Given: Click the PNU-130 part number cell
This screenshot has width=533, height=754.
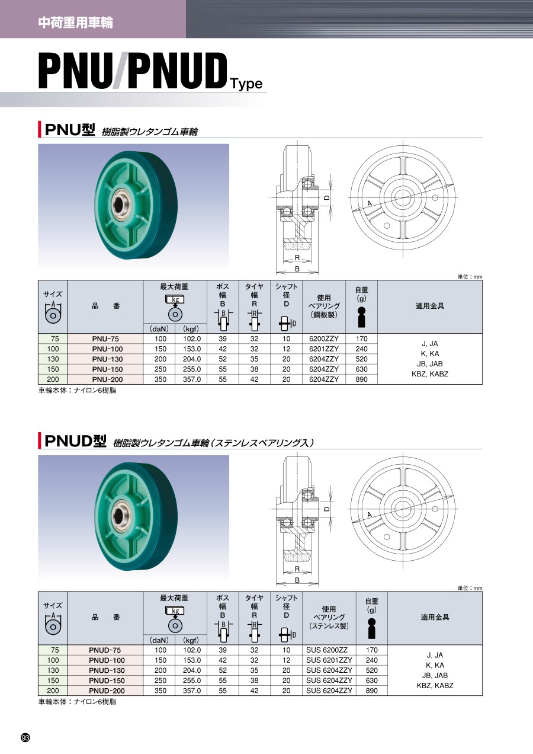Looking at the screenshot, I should click(107, 359).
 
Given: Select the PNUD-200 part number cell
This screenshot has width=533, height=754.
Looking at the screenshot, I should click(107, 691).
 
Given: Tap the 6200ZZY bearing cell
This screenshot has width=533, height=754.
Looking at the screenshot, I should click(324, 338).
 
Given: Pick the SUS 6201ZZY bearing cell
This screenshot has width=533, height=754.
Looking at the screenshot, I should click(329, 660).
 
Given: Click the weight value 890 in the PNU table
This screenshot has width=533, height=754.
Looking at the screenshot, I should click(362, 379).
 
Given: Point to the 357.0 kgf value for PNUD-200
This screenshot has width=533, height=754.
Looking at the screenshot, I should click(191, 691).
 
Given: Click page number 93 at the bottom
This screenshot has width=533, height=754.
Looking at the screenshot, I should click(25, 737).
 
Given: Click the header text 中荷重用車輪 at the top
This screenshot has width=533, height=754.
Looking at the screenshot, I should click(75, 23).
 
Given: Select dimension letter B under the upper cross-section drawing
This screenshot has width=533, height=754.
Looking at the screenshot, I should click(297, 269).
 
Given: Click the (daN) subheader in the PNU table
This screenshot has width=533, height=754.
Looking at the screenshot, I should click(159, 328).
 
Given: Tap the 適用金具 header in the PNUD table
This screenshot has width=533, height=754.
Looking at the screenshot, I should click(435, 617).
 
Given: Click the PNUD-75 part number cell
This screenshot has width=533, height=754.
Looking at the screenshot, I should click(107, 650).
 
